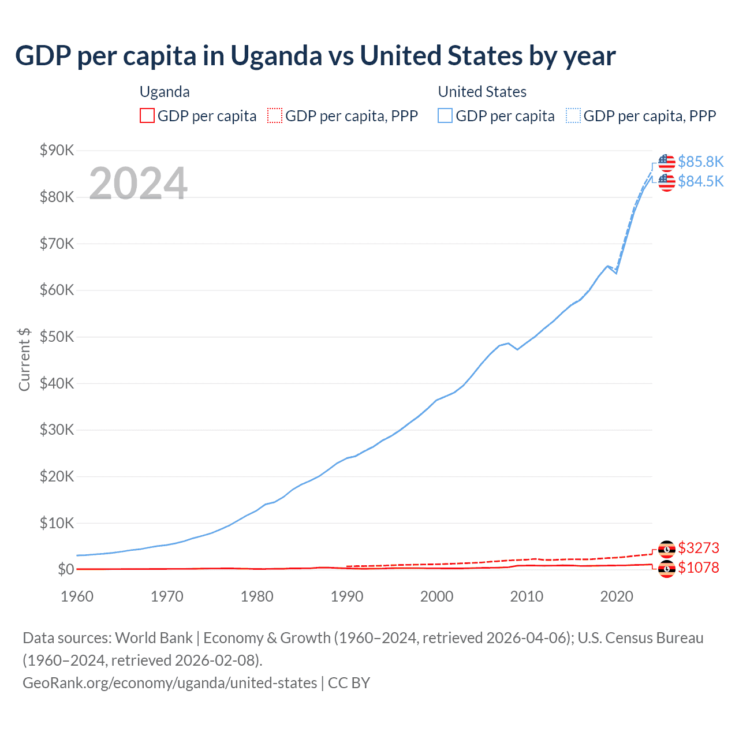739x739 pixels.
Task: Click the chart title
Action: (315, 56)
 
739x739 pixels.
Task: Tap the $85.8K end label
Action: (700, 162)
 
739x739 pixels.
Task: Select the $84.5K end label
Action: (700, 181)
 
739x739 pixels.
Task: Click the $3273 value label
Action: (699, 548)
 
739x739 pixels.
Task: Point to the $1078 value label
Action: (699, 568)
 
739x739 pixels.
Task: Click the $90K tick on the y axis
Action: (57, 151)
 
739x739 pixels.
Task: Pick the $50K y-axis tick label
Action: (57, 337)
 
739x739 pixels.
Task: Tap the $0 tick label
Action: (66, 570)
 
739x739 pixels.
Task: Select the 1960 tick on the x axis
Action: (77, 596)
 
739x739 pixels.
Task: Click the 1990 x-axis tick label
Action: (347, 596)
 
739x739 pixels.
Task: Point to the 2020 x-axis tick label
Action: (617, 596)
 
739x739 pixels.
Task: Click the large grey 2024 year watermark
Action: (138, 184)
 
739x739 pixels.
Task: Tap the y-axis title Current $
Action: (24, 359)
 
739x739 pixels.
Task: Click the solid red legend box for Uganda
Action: (147, 116)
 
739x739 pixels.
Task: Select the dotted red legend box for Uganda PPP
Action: (275, 116)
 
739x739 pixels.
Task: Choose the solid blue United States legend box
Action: (445, 116)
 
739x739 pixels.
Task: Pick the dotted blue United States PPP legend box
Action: (573, 116)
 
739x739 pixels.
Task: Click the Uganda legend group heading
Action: (165, 92)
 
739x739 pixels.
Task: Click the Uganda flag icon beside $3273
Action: (667, 548)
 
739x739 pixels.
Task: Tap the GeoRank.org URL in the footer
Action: (170, 683)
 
